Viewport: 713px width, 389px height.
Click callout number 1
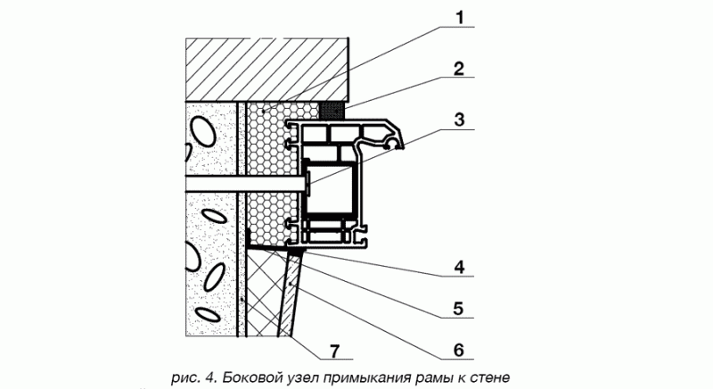tap(460, 18)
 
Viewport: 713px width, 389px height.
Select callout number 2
tap(458, 70)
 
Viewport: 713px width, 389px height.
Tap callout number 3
tap(459, 120)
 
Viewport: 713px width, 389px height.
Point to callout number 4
tap(459, 267)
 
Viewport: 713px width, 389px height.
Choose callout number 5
tap(458, 309)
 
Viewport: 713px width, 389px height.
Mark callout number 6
tap(458, 350)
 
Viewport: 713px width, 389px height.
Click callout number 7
tap(333, 352)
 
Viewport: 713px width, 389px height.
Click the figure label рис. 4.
tap(195, 378)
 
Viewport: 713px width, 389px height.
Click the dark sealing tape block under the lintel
tap(333, 110)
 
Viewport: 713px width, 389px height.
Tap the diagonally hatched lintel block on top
tap(266, 70)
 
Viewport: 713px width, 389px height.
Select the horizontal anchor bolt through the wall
tap(246, 184)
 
